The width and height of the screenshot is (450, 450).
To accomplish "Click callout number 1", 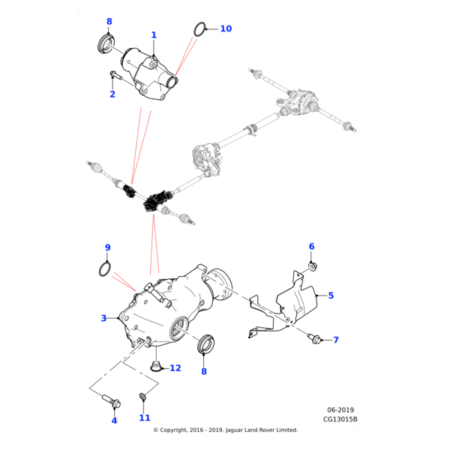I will [154, 35].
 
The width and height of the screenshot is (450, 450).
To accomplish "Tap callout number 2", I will [112, 94].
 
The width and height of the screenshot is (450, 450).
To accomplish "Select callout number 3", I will [103, 318].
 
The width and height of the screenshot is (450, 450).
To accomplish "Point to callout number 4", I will [114, 421].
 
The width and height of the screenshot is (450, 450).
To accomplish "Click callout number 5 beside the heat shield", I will [331, 295].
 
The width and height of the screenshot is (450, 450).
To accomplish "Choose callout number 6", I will [312, 247].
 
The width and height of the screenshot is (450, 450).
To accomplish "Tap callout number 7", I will [336, 340].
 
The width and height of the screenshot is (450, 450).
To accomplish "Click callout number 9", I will [107, 247].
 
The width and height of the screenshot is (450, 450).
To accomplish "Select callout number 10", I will [226, 29].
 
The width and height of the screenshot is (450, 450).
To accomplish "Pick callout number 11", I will [145, 418].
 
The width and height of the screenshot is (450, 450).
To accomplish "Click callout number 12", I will [175, 368].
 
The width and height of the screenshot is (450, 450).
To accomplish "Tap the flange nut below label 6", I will [312, 264].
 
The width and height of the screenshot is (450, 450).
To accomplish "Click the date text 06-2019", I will [340, 410].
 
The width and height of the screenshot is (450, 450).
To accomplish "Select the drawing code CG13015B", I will [340, 420].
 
